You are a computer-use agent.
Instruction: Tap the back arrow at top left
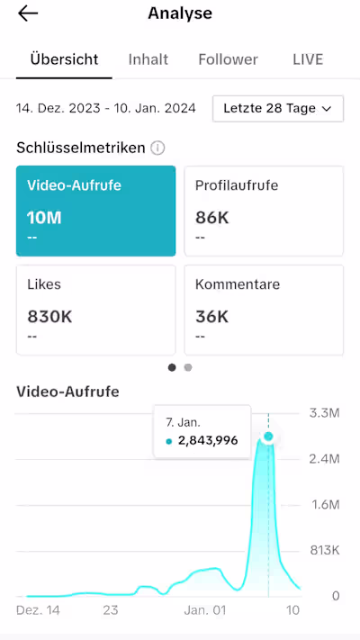[x=28, y=14]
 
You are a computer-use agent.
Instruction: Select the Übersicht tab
[x=64, y=59]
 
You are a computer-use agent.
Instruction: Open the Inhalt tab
[x=148, y=59]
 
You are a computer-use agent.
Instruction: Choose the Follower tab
[x=228, y=59]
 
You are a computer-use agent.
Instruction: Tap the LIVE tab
[x=308, y=59]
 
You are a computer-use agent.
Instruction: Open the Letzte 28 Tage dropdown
[x=278, y=108]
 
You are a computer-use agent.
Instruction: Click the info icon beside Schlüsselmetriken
[x=157, y=148]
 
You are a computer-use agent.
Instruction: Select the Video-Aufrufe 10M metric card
[x=96, y=211]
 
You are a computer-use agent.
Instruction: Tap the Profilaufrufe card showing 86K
[x=264, y=211]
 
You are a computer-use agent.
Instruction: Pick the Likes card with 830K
[x=96, y=310]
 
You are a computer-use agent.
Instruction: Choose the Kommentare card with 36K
[x=264, y=310]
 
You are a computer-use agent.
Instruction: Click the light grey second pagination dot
[x=188, y=367]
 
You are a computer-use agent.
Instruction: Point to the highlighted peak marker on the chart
[x=268, y=437]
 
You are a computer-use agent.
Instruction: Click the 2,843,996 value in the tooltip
[x=207, y=440]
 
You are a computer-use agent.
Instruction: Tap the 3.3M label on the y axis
[x=323, y=413]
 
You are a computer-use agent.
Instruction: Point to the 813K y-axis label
[x=323, y=550]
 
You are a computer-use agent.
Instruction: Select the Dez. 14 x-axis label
[x=39, y=609]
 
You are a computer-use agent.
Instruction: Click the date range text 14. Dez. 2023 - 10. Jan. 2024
[x=106, y=108]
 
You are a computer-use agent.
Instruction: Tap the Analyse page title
[x=180, y=14]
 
